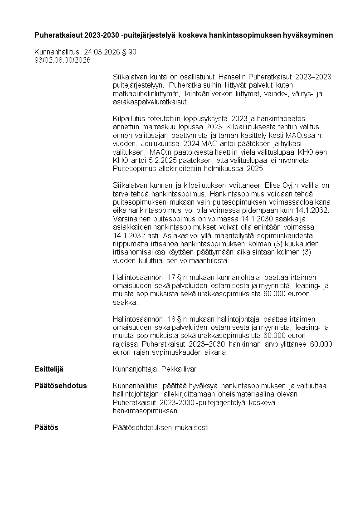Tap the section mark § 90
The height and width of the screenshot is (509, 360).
pyautogui.click(x=129, y=52)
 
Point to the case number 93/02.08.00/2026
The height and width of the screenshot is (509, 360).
pyautogui.click(x=63, y=60)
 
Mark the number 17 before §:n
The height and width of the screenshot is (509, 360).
pyautogui.click(x=172, y=277)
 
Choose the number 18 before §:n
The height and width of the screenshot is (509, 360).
pyautogui.click(x=172, y=318)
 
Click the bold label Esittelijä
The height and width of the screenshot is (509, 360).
pyautogui.click(x=52, y=369)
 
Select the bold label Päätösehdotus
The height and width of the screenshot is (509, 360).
pyautogui.click(x=60, y=386)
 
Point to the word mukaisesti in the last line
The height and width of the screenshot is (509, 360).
pyautogui.click(x=194, y=427)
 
